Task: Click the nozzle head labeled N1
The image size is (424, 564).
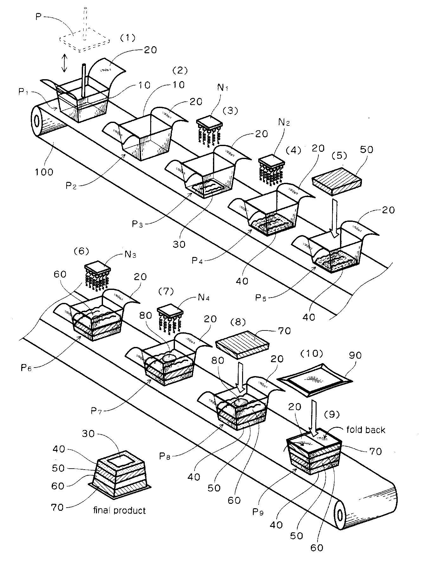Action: [x=209, y=124]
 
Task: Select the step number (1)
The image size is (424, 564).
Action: [x=127, y=38]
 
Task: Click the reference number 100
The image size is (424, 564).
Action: [x=43, y=172]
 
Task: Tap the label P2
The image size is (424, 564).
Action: [x=71, y=186]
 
